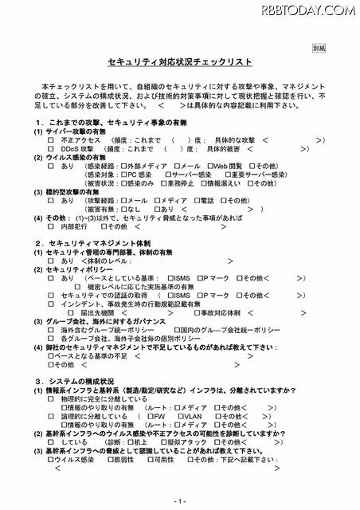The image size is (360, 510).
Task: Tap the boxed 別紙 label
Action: (x=318, y=48)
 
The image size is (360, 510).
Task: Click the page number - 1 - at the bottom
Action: (x=179, y=500)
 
